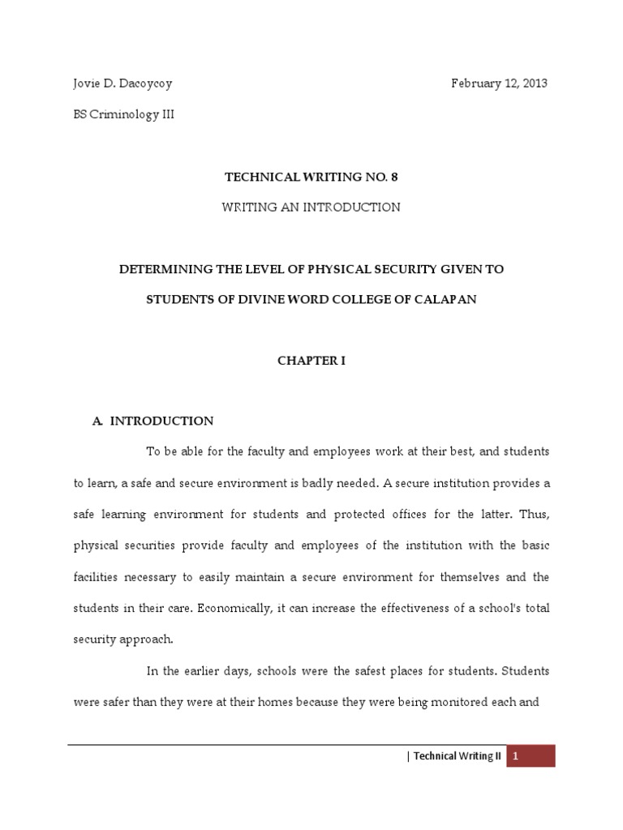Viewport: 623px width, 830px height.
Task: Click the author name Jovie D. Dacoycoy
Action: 123,83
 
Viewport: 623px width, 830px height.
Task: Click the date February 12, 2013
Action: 499,83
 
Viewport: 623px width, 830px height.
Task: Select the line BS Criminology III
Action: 124,114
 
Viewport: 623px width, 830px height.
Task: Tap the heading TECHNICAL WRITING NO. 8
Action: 311,176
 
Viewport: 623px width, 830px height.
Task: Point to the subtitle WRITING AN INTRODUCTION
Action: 311,207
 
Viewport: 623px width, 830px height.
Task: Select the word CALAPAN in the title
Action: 445,299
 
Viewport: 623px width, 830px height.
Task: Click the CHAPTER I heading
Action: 311,361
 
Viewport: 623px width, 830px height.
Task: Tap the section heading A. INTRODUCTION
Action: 153,421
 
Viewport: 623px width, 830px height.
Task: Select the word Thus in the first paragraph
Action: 534,515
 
